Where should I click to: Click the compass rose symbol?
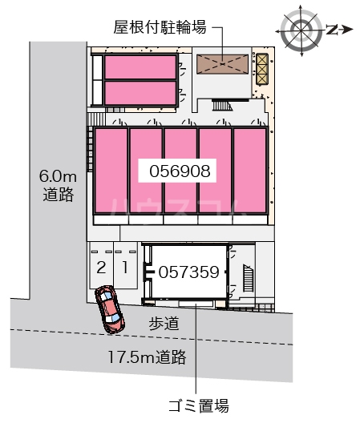[302, 30]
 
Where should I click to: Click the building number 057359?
[188, 272]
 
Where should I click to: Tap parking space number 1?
[124, 265]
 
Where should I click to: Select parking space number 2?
[101, 265]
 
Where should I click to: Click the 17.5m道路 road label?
[152, 355]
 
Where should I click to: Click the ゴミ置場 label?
[196, 405]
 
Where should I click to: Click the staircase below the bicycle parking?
[220, 104]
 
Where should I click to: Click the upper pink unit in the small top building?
[140, 66]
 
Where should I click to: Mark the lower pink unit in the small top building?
[140, 93]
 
